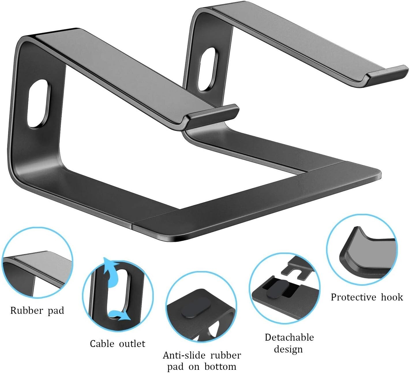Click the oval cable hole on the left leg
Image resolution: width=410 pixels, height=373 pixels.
39,103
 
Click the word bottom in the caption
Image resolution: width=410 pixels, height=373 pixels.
220,367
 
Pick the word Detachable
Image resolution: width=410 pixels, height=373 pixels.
289,337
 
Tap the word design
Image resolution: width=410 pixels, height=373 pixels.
288,349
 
